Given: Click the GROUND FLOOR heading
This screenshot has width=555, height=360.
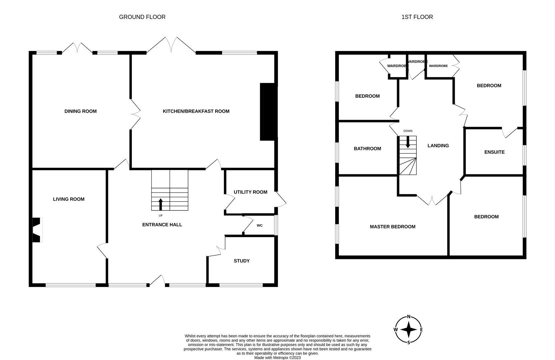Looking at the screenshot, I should [x=142, y=17].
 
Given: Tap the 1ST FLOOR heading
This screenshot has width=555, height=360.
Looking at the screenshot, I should [x=417, y=17].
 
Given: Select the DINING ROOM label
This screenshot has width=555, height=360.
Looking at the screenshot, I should [x=80, y=111].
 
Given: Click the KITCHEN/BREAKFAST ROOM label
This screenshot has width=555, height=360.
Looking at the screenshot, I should [x=196, y=111].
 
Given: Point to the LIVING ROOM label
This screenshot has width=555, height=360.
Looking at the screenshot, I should [x=69, y=199].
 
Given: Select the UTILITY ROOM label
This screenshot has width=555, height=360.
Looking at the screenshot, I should [x=250, y=192].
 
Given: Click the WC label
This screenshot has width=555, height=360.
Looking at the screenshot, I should [x=260, y=226].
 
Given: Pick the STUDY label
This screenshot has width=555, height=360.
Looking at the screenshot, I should [x=242, y=261].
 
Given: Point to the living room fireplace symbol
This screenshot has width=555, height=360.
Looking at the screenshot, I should [x=37, y=230].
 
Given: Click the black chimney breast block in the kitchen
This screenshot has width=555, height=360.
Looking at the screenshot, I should [x=269, y=112].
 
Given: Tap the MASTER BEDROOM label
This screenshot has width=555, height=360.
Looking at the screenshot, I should [x=392, y=227].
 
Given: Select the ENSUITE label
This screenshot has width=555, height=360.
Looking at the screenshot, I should [x=494, y=152].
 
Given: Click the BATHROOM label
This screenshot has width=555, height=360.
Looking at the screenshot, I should [x=367, y=149].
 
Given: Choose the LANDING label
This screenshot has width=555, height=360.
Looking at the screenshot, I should [x=438, y=146].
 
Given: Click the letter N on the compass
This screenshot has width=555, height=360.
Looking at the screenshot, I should [x=409, y=317].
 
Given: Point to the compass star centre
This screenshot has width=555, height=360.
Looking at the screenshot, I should [x=409, y=330].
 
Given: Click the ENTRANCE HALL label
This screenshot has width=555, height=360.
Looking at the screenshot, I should [x=162, y=225].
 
